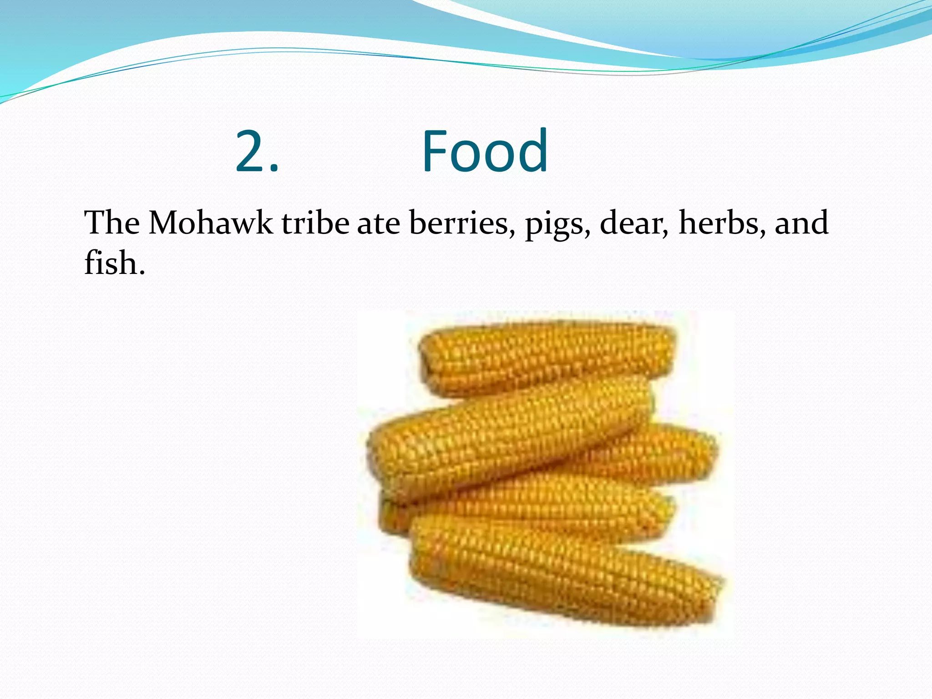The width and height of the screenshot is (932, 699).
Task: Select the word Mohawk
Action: click(x=211, y=223)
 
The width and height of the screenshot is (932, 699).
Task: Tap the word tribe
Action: click(x=315, y=223)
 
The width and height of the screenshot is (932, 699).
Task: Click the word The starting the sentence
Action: click(x=112, y=223)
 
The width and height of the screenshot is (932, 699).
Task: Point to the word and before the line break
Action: click(x=801, y=223)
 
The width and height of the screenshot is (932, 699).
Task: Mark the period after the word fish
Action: click(x=142, y=274)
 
